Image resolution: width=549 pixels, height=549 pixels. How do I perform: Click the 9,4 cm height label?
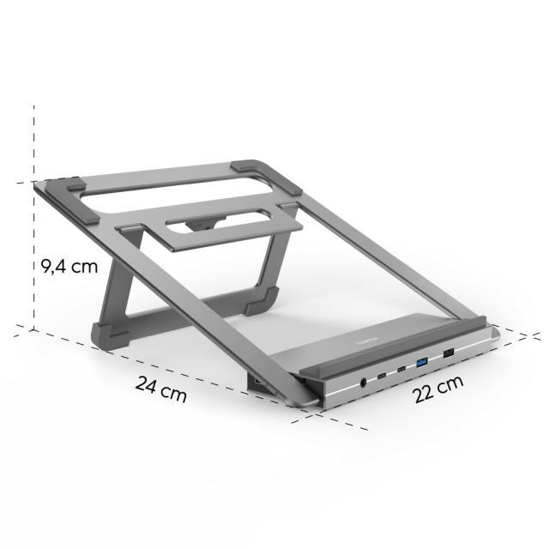tap(69, 266)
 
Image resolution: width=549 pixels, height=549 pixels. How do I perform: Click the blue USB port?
tap(421, 365)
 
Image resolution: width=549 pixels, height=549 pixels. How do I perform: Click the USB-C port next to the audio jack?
tap(383, 376)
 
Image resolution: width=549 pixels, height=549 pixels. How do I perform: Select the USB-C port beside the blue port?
tap(401, 370)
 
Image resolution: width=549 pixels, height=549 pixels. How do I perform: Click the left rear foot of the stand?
tap(102, 333)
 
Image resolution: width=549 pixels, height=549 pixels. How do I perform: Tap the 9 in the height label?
tap(48, 266)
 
